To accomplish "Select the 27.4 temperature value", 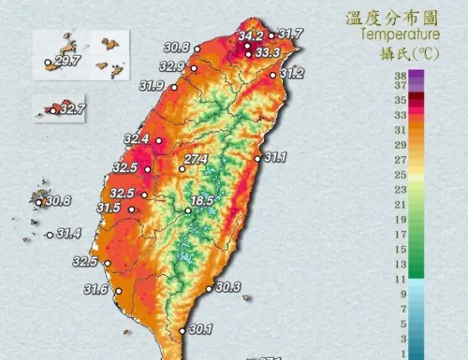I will pyautogui.click(x=195, y=160).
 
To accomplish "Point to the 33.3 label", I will pyautogui.click(x=268, y=52).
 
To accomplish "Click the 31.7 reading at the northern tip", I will pyautogui.click(x=290, y=35).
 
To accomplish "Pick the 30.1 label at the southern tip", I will pyautogui.click(x=200, y=329).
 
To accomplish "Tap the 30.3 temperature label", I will pyautogui.click(x=228, y=287).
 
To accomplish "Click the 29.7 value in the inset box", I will pyautogui.click(x=67, y=62).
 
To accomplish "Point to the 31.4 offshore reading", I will pyautogui.click(x=68, y=233).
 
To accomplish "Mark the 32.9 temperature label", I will pyautogui.click(x=171, y=66).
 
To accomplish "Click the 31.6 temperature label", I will pyautogui.click(x=95, y=290).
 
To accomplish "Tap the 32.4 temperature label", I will pyautogui.click(x=137, y=139).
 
